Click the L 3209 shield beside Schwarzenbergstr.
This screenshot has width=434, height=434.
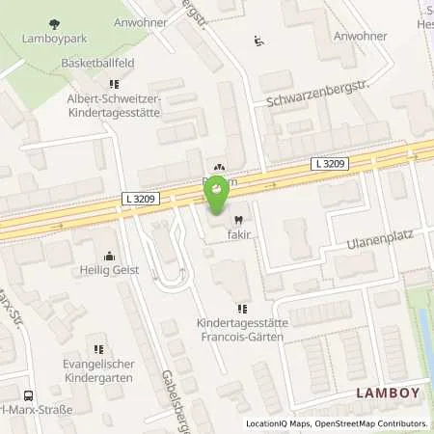330,165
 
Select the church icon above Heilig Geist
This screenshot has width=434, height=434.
108,257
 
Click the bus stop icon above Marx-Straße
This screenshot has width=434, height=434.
27,395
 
